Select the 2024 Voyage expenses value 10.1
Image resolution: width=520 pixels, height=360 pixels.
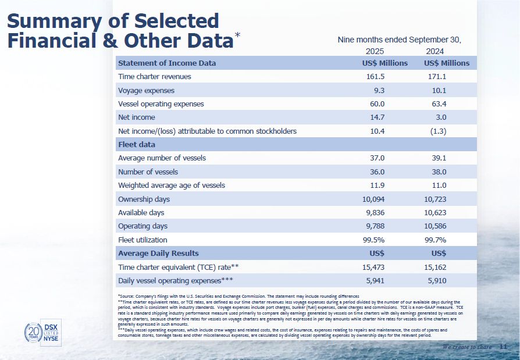tap(437, 91)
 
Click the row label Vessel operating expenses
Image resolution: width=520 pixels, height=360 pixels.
tap(161, 104)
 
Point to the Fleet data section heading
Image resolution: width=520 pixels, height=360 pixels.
tap(137, 144)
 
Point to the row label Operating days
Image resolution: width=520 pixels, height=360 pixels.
tap(143, 226)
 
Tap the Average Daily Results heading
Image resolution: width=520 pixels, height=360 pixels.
tap(158, 254)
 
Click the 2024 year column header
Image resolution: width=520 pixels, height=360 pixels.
tap(434, 51)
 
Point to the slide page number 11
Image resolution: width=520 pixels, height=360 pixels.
tap(503, 347)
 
